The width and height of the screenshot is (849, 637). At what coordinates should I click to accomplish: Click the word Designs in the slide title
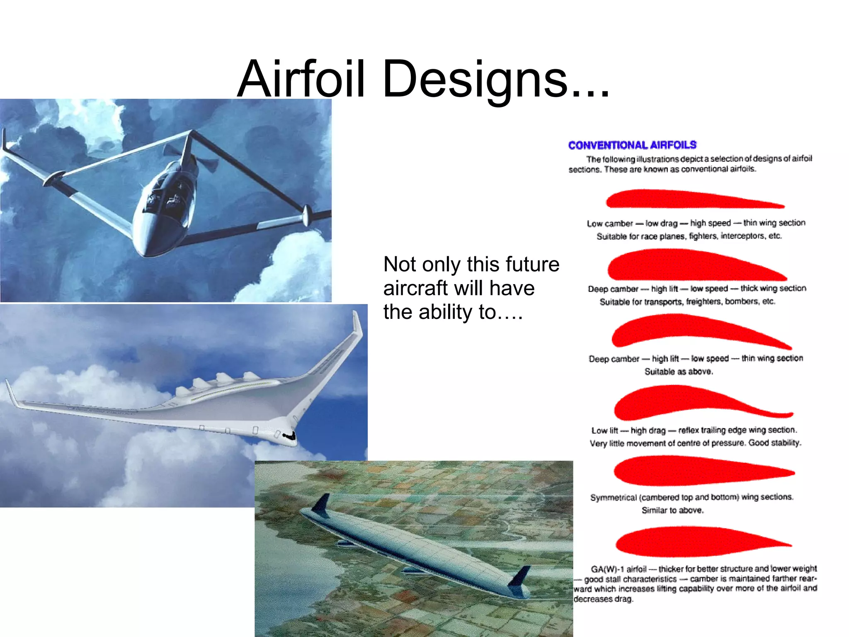pyautogui.click(x=475, y=79)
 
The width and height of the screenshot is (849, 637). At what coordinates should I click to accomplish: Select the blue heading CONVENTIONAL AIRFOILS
pyautogui.click(x=632, y=145)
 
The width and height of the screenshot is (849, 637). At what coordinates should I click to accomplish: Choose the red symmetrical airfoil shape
pyautogui.click(x=701, y=471)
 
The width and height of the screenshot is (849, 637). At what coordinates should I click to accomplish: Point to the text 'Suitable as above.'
pyautogui.click(x=679, y=372)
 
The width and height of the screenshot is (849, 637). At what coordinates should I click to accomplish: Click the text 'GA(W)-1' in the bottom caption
pyautogui.click(x=607, y=569)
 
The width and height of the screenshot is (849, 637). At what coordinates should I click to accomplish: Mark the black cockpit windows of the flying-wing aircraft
pyautogui.click(x=289, y=435)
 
